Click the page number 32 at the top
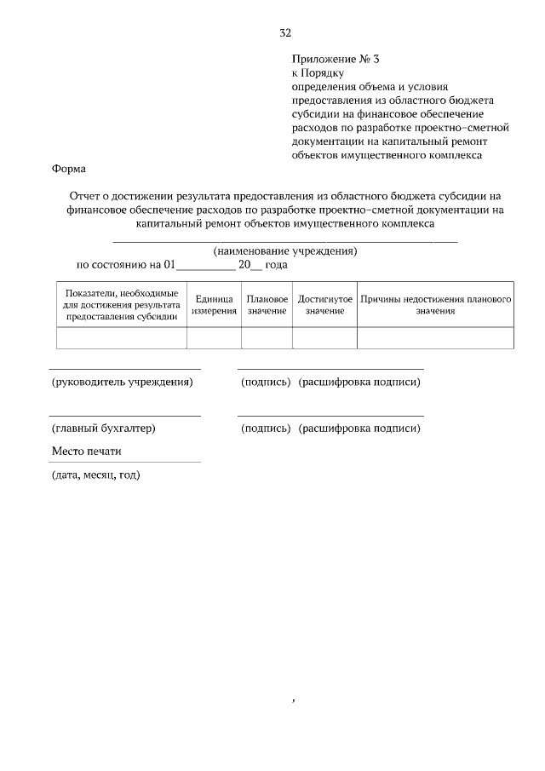tap(285, 33)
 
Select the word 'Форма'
tap(68, 169)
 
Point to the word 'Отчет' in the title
tap(87, 197)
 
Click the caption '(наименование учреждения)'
tap(284, 251)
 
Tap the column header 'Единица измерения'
tap(214, 305)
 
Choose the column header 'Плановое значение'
tap(267, 305)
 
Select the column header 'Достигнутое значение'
tap(324, 305)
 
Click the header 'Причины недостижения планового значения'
tap(434, 305)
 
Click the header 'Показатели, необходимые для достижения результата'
tap(121, 305)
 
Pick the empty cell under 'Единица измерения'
tap(214, 338)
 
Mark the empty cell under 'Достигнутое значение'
tap(324, 338)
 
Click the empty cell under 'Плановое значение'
tap(267, 338)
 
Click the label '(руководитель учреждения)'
tap(122, 382)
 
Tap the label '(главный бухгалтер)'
tap(103, 428)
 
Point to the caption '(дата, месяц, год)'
tap(95, 475)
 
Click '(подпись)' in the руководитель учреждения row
tap(266, 382)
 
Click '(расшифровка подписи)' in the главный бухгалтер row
tap(359, 428)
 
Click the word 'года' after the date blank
tap(277, 265)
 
